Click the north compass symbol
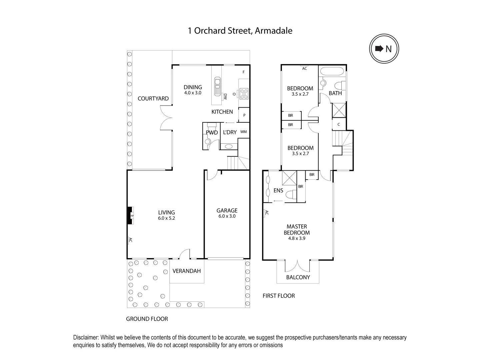pos(384,49)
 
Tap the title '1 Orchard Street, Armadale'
pos(240,31)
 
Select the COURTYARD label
pos(153,99)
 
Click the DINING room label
pos(193,87)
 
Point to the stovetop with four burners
pos(243,93)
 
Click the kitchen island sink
pos(217,86)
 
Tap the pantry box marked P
pos(244,115)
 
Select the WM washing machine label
pos(244,132)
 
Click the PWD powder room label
pos(212,133)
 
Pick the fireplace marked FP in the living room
pos(132,216)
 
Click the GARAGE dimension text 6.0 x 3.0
pos(227,216)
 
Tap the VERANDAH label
pos(187,271)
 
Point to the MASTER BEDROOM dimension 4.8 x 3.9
pos(297,239)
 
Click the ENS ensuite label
pos(278,191)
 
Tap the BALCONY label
pos(298,277)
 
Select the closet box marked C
pos(339,125)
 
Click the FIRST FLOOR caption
pos(279,296)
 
